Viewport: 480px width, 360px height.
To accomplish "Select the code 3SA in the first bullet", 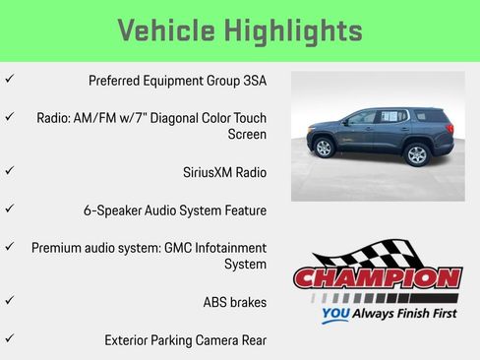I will (254, 81).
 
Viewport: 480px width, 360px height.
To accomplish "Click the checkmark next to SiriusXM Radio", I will (9, 171).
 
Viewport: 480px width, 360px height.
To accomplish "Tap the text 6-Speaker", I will (116, 210).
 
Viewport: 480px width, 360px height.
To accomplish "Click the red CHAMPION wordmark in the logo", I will (378, 278).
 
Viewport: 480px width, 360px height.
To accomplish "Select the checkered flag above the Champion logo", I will (354, 252).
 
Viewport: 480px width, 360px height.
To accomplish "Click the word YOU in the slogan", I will (336, 316).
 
